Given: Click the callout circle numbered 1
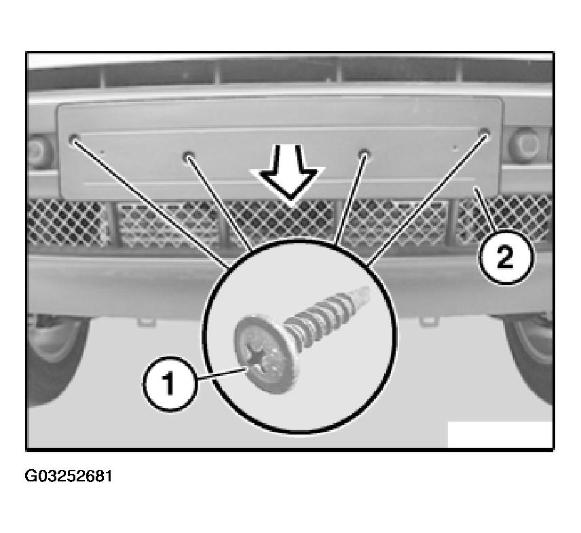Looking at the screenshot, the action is [x=170, y=384].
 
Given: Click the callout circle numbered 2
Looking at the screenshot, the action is [x=506, y=257].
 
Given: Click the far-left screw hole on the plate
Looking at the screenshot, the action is [x=74, y=139].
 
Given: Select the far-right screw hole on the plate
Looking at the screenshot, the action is [x=484, y=132].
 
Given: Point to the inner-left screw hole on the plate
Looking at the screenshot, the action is [x=188, y=155].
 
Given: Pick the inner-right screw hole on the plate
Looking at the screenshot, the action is [x=364, y=153].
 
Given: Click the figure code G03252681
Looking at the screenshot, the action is [x=68, y=476].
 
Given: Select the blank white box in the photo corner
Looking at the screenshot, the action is [x=500, y=435].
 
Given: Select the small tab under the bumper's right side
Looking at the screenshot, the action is [x=428, y=321].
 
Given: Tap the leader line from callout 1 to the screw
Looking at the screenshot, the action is [x=221, y=373].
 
